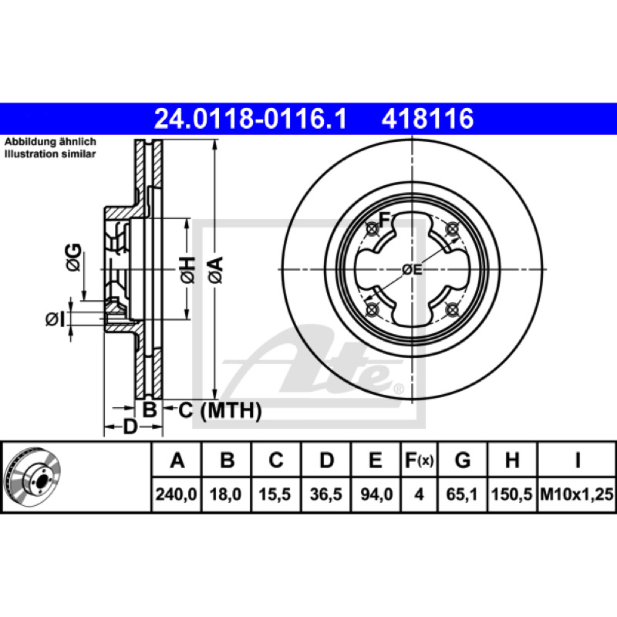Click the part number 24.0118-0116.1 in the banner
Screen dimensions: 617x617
point(250,119)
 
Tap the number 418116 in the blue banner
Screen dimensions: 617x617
point(427,119)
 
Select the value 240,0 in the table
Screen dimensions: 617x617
point(176,494)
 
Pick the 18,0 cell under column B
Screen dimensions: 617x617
point(225,494)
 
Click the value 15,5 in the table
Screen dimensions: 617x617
point(275,494)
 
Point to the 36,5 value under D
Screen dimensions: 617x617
point(325,494)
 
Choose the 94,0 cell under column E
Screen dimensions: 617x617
point(376,494)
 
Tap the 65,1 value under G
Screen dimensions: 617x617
point(461,494)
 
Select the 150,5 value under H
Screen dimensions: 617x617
point(511,494)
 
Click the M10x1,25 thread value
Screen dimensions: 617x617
point(576,494)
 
